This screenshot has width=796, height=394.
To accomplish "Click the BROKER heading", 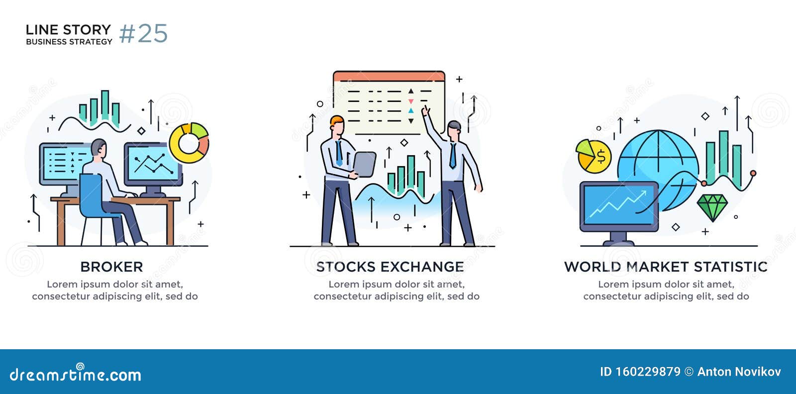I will (111, 267).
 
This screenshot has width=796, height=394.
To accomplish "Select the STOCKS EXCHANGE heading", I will (390, 267).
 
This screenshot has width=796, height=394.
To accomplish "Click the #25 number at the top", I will (143, 34).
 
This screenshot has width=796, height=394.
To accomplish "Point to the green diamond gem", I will (712, 206).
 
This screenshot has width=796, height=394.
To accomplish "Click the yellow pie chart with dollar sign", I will (593, 156).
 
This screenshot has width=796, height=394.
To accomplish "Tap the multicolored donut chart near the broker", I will (189, 143).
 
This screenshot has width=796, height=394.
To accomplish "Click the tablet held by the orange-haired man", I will (365, 164).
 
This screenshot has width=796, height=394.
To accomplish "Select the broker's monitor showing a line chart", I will (152, 164).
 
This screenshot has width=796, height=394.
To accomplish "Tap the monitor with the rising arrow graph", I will (619, 205).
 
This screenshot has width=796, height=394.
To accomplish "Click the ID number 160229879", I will (647, 372).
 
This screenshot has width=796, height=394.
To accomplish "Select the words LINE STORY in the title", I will (68, 30).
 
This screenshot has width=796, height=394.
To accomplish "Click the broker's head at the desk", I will (99, 148).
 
